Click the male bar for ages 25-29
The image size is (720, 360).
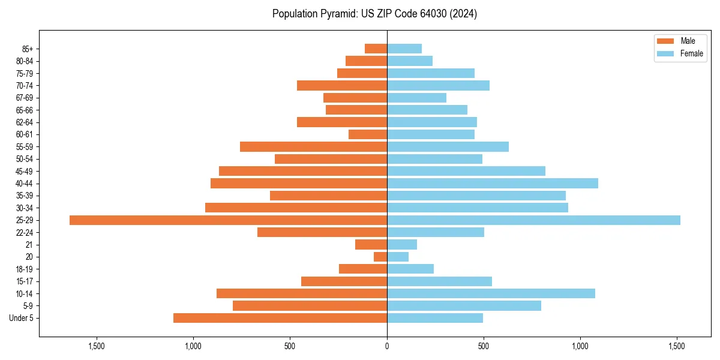tap(228, 220)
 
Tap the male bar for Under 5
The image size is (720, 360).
tap(280, 318)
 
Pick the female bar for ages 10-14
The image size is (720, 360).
tap(491, 293)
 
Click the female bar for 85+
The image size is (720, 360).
tap(404, 49)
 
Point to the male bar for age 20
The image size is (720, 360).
tap(380, 257)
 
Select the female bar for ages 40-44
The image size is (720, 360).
tap(493, 184)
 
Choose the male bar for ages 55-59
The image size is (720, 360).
tap(313, 147)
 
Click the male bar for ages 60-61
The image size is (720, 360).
tap(368, 134)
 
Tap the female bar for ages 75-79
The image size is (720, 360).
tap(431, 73)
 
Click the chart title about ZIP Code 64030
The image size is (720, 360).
tap(374, 14)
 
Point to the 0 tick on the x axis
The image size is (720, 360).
tap(387, 346)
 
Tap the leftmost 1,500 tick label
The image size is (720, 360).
tap(97, 346)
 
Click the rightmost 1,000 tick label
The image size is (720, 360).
tap(580, 346)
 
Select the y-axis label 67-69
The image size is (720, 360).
tap(25, 98)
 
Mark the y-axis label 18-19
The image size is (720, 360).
tap(25, 269)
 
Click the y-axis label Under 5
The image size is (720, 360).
tap(22, 318)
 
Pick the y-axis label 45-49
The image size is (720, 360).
tap(25, 172)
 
